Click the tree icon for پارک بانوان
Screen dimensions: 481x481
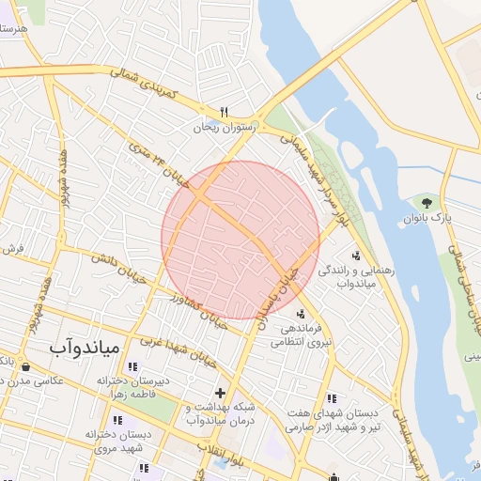pyautogui.click(x=427, y=201)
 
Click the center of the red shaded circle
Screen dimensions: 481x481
pyautogui.click(x=240, y=240)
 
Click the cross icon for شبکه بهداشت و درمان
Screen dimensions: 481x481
pyautogui.click(x=221, y=392)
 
